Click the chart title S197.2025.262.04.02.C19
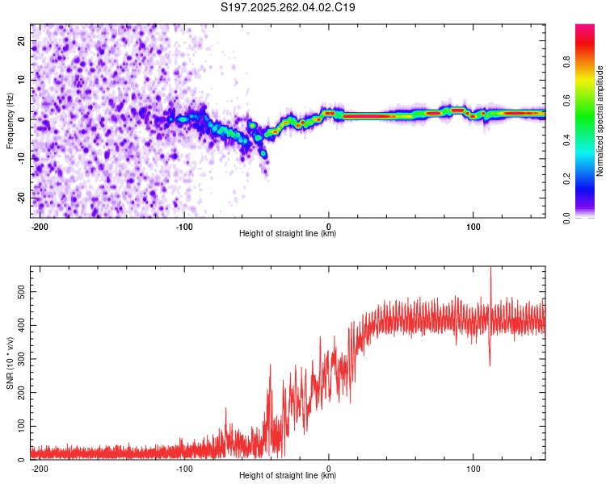coord(288,8)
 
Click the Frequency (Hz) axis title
coord(10,121)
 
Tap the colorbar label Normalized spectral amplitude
coord(600,122)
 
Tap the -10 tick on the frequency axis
coord(20,158)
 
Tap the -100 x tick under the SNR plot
coord(184,467)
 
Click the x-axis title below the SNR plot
coord(288,476)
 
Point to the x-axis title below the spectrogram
coord(288,234)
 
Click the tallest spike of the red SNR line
coord(490,269)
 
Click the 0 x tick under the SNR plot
coord(329,467)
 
